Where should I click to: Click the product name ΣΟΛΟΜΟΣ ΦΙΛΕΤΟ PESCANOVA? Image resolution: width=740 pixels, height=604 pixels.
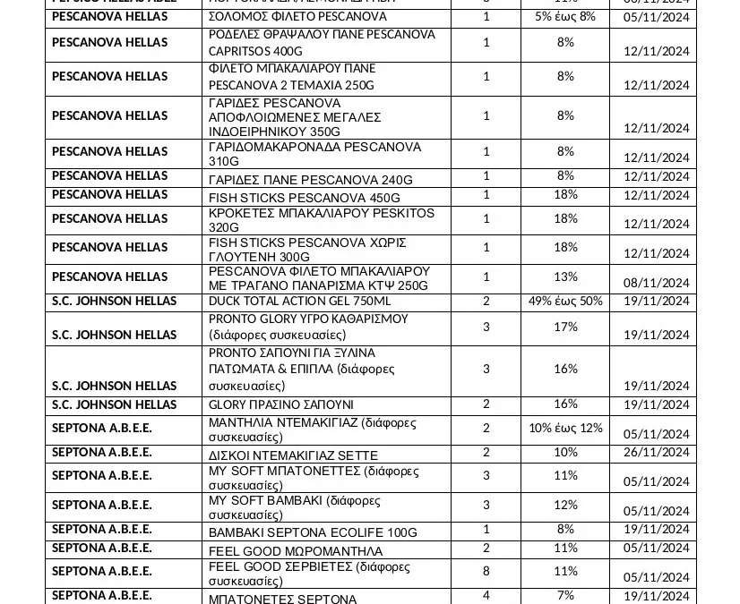(285, 17)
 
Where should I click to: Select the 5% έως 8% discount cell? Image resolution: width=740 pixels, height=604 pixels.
(565, 17)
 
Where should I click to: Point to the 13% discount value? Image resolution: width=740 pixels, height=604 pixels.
(565, 276)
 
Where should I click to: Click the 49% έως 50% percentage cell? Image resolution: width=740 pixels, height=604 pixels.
(565, 302)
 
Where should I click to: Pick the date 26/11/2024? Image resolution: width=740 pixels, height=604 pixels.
(657, 452)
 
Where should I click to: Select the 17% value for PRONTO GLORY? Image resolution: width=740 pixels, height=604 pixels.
(565, 327)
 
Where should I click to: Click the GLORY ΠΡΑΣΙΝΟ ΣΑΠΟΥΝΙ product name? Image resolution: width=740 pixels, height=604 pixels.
(281, 405)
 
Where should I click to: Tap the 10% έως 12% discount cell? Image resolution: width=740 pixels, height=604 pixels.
(565, 428)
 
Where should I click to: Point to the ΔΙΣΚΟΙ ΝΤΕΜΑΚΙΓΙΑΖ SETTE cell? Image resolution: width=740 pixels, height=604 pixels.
(293, 455)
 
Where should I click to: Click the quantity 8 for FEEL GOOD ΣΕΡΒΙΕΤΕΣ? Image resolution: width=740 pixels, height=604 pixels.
(486, 571)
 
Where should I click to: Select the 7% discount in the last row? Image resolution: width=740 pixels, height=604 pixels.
(565, 595)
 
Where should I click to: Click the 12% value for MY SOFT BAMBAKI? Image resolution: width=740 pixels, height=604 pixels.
(565, 505)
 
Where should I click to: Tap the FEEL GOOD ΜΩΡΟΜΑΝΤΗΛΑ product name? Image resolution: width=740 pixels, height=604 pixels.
(296, 550)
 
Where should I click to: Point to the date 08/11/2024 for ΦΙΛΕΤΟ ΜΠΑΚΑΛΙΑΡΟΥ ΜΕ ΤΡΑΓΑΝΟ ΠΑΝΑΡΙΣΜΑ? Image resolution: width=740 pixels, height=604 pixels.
(657, 283)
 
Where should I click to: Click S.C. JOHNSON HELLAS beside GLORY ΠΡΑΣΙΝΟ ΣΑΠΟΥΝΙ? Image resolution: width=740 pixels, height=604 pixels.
(115, 405)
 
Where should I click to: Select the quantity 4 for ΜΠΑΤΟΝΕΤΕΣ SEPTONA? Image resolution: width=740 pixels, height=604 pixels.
(486, 595)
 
